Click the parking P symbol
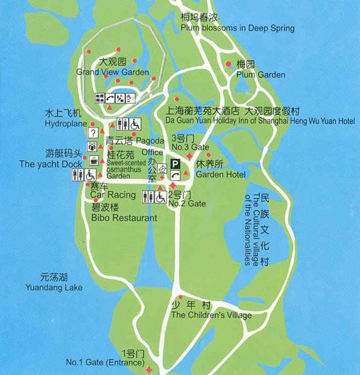point(175,163)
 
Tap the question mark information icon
point(92,131)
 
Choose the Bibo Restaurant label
point(124,218)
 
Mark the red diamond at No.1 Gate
point(148,369)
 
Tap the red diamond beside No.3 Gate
point(189,155)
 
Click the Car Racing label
point(108,194)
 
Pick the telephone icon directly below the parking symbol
point(175,175)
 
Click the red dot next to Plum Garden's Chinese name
point(230,63)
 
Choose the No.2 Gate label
point(187,203)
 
